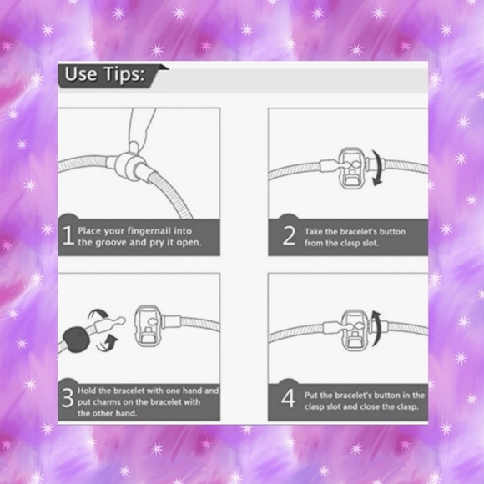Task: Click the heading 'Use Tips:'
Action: (104, 74)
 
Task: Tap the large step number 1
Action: (68, 235)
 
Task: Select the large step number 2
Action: (289, 236)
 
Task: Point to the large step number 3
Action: (68, 397)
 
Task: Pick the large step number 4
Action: (288, 398)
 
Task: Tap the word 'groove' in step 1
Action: (111, 243)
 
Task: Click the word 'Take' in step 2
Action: (314, 232)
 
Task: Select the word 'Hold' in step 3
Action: (87, 391)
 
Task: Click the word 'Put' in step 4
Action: (311, 396)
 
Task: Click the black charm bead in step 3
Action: (76, 340)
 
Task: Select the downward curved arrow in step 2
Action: (377, 168)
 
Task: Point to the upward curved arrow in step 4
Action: (376, 329)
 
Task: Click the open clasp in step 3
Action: (149, 325)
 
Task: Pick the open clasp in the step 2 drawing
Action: (352, 168)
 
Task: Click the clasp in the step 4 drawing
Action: (355, 330)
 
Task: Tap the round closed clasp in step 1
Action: (130, 166)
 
